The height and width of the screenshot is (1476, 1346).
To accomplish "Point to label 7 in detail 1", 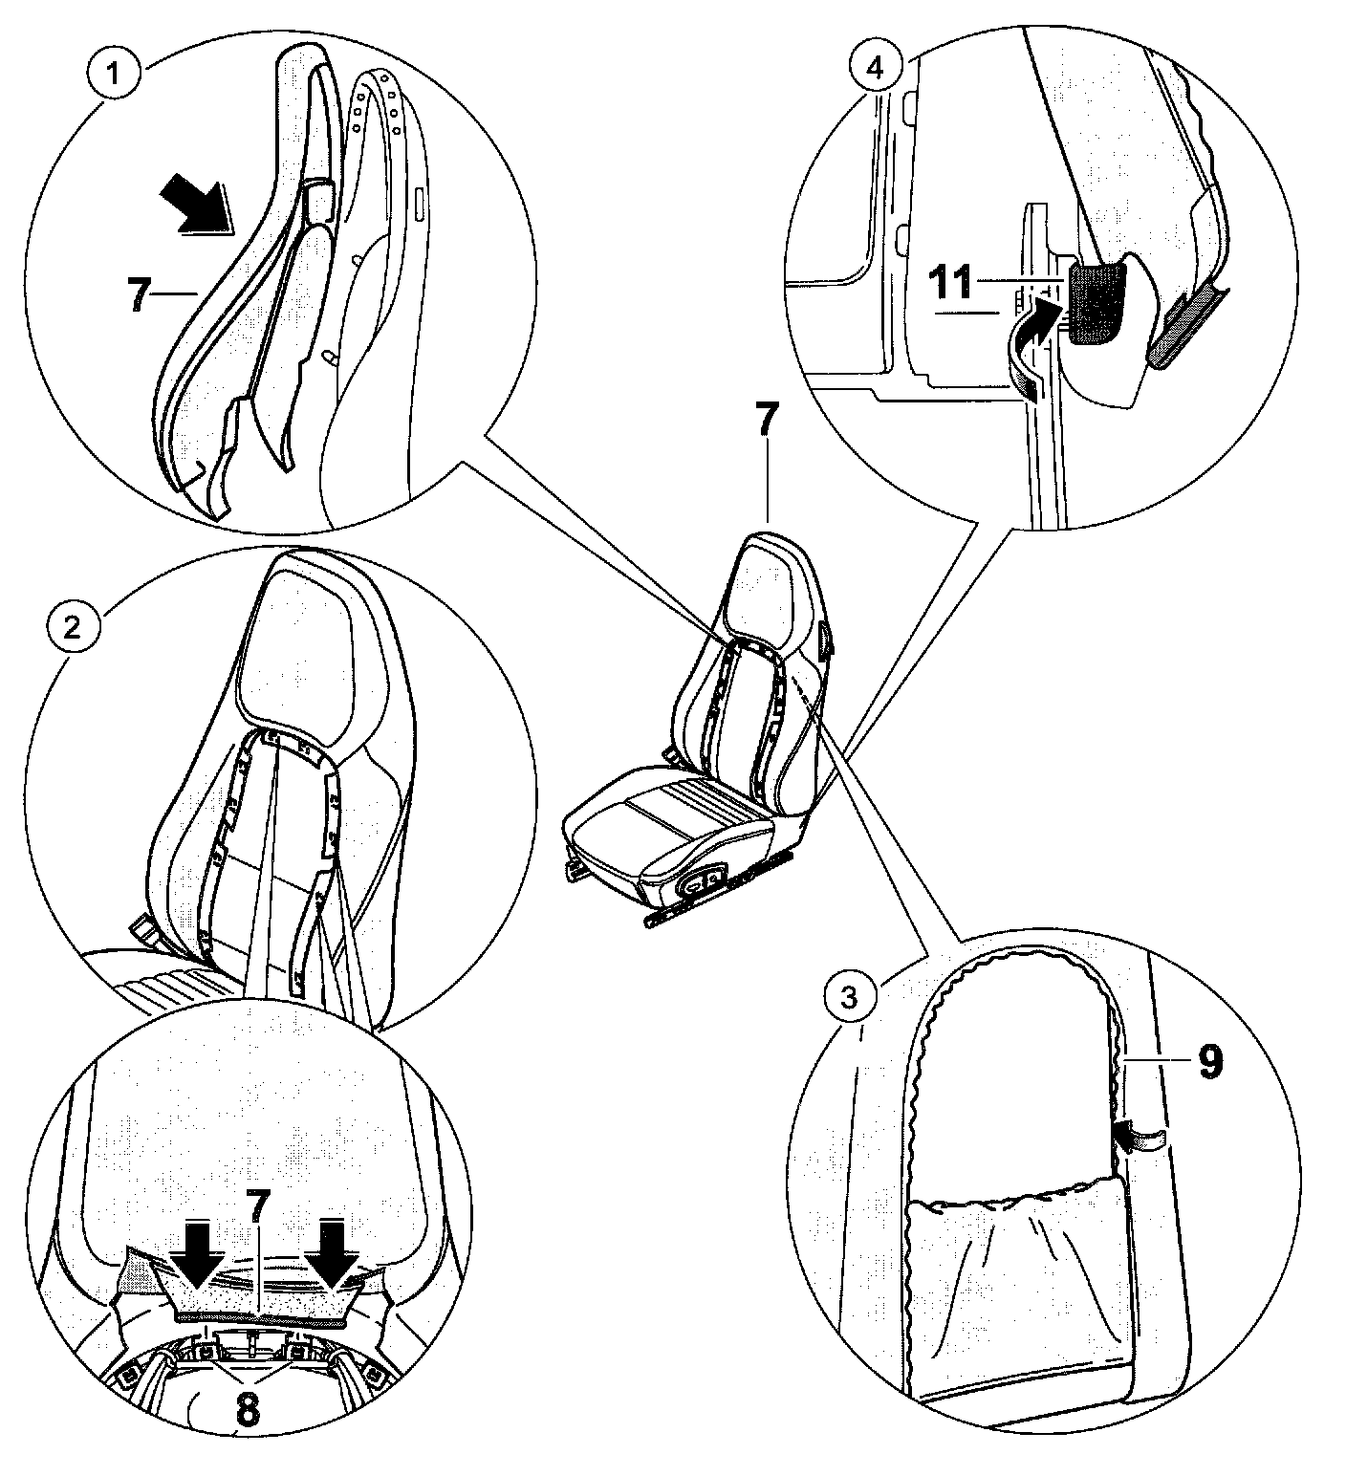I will coord(138,294).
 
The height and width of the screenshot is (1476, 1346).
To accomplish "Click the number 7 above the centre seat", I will coord(767,418).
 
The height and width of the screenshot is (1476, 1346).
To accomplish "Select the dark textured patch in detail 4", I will coord(1094,303).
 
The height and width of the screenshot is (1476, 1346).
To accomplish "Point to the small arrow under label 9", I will coord(1140,1137).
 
